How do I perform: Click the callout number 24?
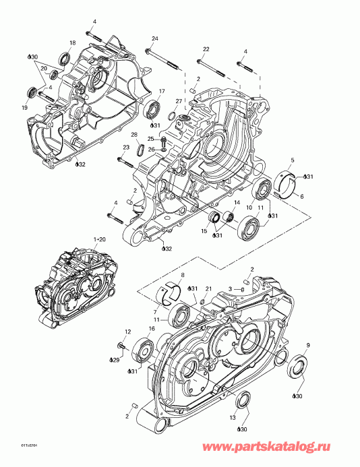pyautogui.click(x=154, y=38)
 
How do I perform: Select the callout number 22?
pyautogui.click(x=206, y=49)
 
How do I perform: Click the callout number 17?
pyautogui.click(x=161, y=91)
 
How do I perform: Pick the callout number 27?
pyautogui.click(x=179, y=102)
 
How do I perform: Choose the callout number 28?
pyautogui.click(x=134, y=135)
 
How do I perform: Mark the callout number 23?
pyautogui.click(x=125, y=148)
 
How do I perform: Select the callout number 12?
pyautogui.click(x=125, y=331)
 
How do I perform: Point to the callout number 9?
pyautogui.click(x=308, y=345)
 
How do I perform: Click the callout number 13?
pyautogui.click(x=233, y=418)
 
